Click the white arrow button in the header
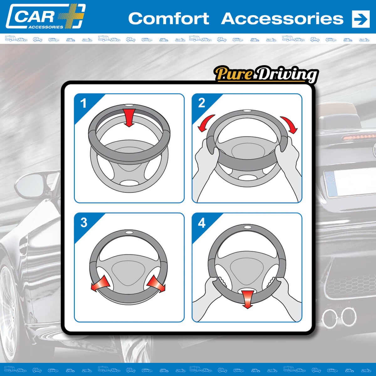[361, 19]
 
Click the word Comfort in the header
[169, 18]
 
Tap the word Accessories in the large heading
[282, 18]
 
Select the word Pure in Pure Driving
[234, 74]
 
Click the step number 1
[83, 103]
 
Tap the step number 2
[201, 103]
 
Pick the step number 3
[84, 222]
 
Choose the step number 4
[201, 223]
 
